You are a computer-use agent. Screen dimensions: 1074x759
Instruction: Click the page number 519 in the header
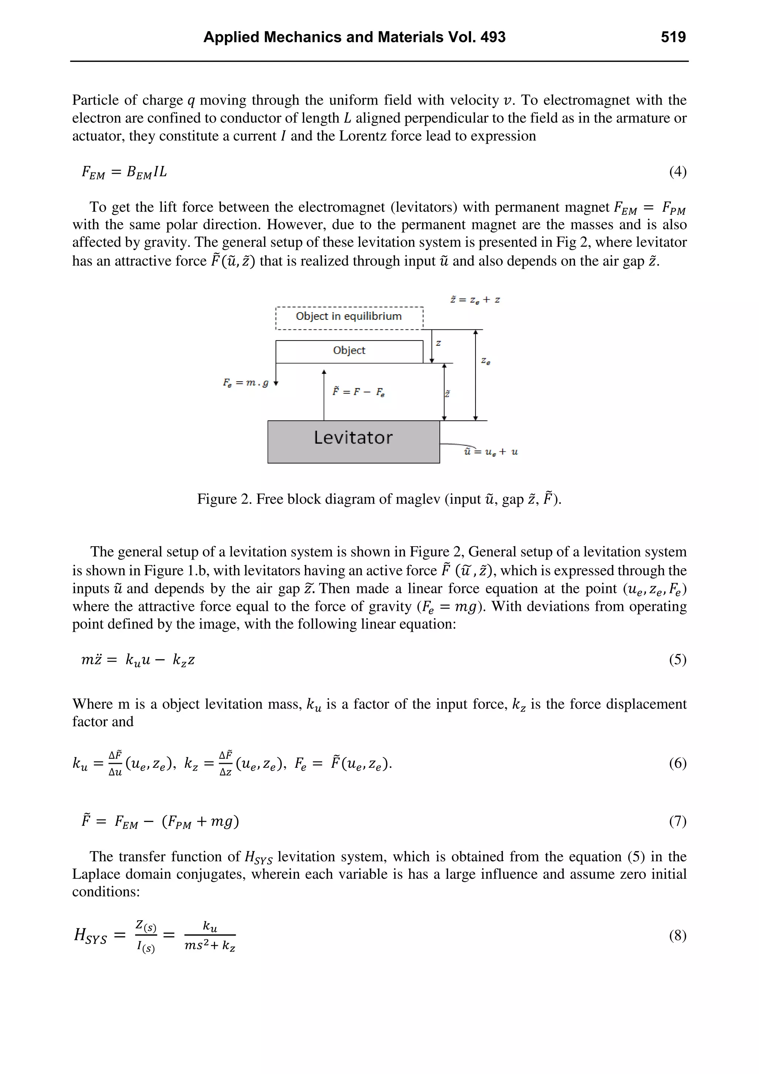click(673, 37)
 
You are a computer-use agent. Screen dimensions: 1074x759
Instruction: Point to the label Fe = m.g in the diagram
click(245, 382)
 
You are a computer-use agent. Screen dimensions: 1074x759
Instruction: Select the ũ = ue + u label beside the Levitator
click(491, 452)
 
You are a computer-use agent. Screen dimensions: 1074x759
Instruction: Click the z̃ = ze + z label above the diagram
click(475, 300)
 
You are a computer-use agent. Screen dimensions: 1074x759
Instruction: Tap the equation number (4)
click(677, 172)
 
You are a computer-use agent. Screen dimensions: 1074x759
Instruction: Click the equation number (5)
click(677, 660)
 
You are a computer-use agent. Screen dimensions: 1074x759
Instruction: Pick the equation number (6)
click(677, 763)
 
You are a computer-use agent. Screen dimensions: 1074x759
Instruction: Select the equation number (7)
click(677, 821)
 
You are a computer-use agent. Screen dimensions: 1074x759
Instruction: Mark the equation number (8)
click(677, 935)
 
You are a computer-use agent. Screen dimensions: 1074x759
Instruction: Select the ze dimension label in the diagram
click(486, 361)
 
